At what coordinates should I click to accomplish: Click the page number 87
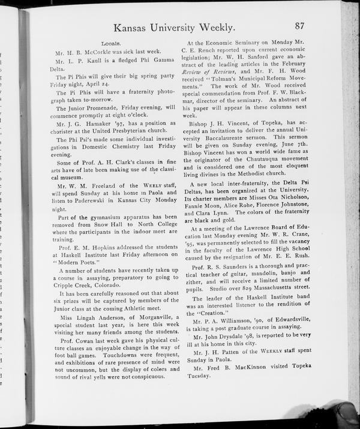[x=302, y=26]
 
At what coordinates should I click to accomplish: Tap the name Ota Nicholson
[x=297, y=197]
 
